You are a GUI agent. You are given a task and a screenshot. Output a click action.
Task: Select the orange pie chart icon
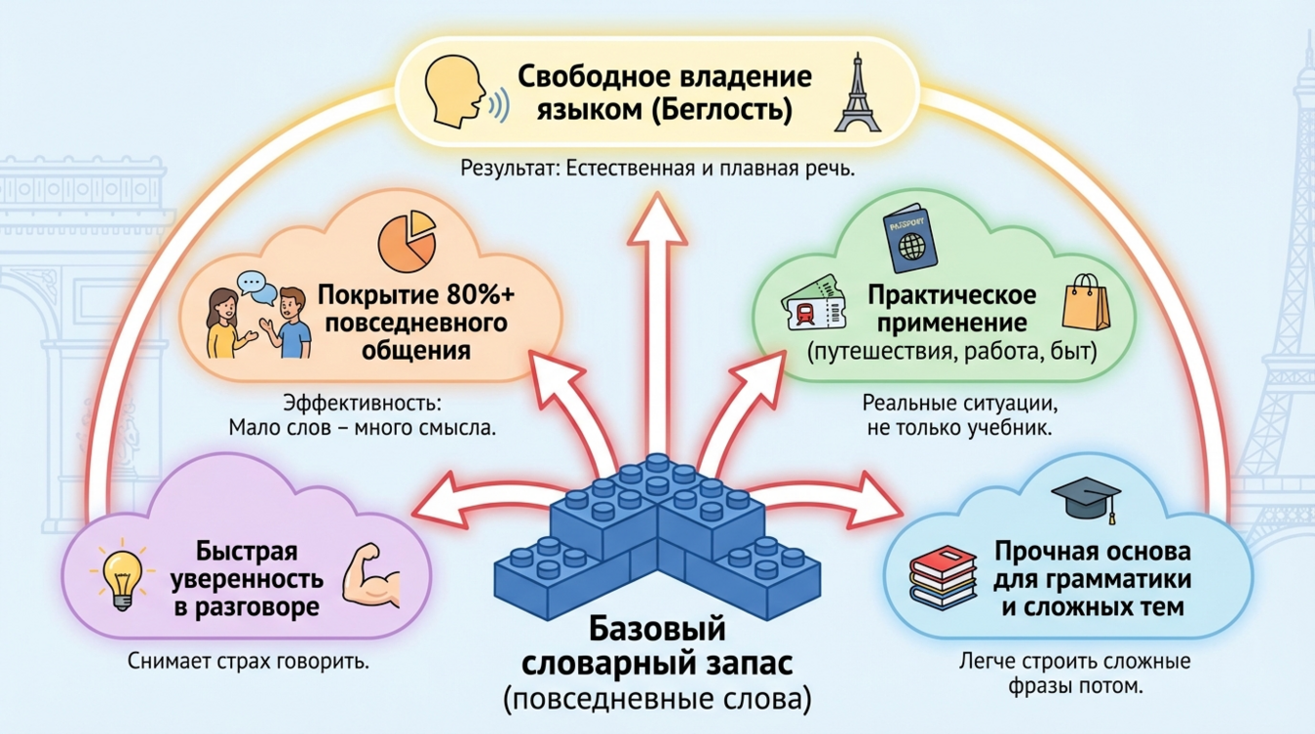(406, 242)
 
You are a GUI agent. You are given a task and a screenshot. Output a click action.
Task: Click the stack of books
(944, 581)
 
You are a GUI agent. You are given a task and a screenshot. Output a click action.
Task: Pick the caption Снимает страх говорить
(248, 661)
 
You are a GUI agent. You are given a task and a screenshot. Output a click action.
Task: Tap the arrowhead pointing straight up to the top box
(656, 216)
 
